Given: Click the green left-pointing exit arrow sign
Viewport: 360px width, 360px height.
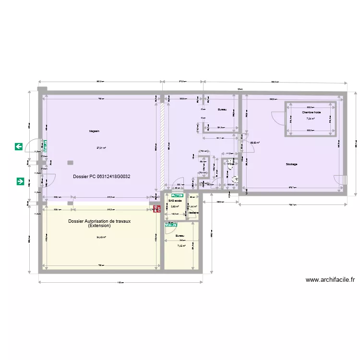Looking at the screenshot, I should pyautogui.click(x=19, y=146).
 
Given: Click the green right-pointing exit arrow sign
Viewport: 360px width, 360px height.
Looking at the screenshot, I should pyautogui.click(x=20, y=181).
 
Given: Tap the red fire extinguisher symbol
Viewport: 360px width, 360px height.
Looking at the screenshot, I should pyautogui.click(x=156, y=209).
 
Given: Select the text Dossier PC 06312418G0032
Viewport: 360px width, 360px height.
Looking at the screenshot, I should pyautogui.click(x=102, y=177).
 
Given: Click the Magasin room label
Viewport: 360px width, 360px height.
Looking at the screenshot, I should pyautogui.click(x=94, y=131).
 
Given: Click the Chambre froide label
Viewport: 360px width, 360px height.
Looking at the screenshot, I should pyautogui.click(x=310, y=112).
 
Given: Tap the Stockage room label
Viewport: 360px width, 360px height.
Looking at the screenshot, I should pyautogui.click(x=291, y=164).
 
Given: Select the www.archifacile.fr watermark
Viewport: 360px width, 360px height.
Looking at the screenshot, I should pyautogui.click(x=330, y=280).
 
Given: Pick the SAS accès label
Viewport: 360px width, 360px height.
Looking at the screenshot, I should pyautogui.click(x=175, y=201).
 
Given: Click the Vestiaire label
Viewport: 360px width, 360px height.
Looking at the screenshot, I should pyautogui.click(x=193, y=213).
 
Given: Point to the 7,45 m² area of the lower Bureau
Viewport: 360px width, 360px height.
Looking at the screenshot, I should pyautogui.click(x=181, y=246).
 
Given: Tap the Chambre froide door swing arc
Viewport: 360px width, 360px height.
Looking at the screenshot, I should pyautogui.click(x=277, y=118).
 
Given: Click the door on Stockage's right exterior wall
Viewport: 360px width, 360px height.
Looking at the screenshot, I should pyautogui.click(x=343, y=180).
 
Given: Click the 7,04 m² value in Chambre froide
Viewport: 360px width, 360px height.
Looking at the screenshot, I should pyautogui.click(x=310, y=119).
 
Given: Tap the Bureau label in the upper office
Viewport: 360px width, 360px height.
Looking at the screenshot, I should pyautogui.click(x=221, y=109).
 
